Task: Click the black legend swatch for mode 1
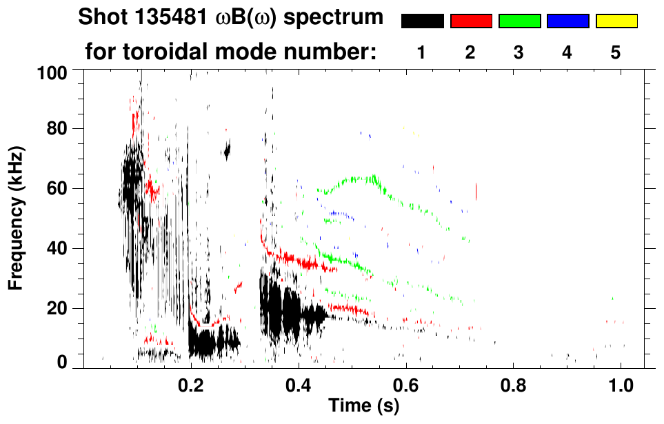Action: coord(422,21)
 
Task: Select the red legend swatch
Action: coord(470,21)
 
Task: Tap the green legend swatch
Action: coord(519,21)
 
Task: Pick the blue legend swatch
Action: coord(567,21)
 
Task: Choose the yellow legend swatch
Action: coord(616,21)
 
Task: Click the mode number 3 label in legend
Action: coord(519,52)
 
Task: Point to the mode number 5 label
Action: coord(616,52)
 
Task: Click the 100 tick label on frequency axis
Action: coord(52,72)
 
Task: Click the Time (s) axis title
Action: coord(363,405)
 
